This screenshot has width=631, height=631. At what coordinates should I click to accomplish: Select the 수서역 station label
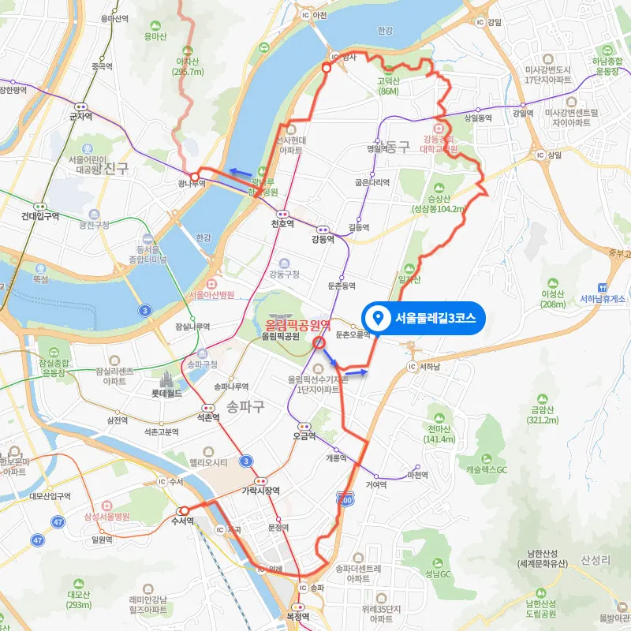click(x=184, y=521)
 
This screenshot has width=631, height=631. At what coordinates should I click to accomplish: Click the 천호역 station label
click(x=282, y=224)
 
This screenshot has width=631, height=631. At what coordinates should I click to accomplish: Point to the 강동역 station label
click(x=323, y=239)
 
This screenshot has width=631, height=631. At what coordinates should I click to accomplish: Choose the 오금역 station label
click(x=304, y=435)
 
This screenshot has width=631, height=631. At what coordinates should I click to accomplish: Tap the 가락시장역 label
click(x=260, y=490)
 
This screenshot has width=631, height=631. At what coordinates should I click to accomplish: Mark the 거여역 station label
click(x=376, y=485)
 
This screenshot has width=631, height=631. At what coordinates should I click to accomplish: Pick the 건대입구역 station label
click(x=41, y=216)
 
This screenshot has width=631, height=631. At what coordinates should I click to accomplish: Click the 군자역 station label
click(x=80, y=116)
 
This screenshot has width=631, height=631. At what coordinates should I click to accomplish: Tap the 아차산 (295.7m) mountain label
click(x=188, y=66)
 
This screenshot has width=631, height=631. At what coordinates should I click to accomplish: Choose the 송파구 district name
click(x=245, y=406)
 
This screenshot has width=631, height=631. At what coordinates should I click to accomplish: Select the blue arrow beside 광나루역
click(x=241, y=170)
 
